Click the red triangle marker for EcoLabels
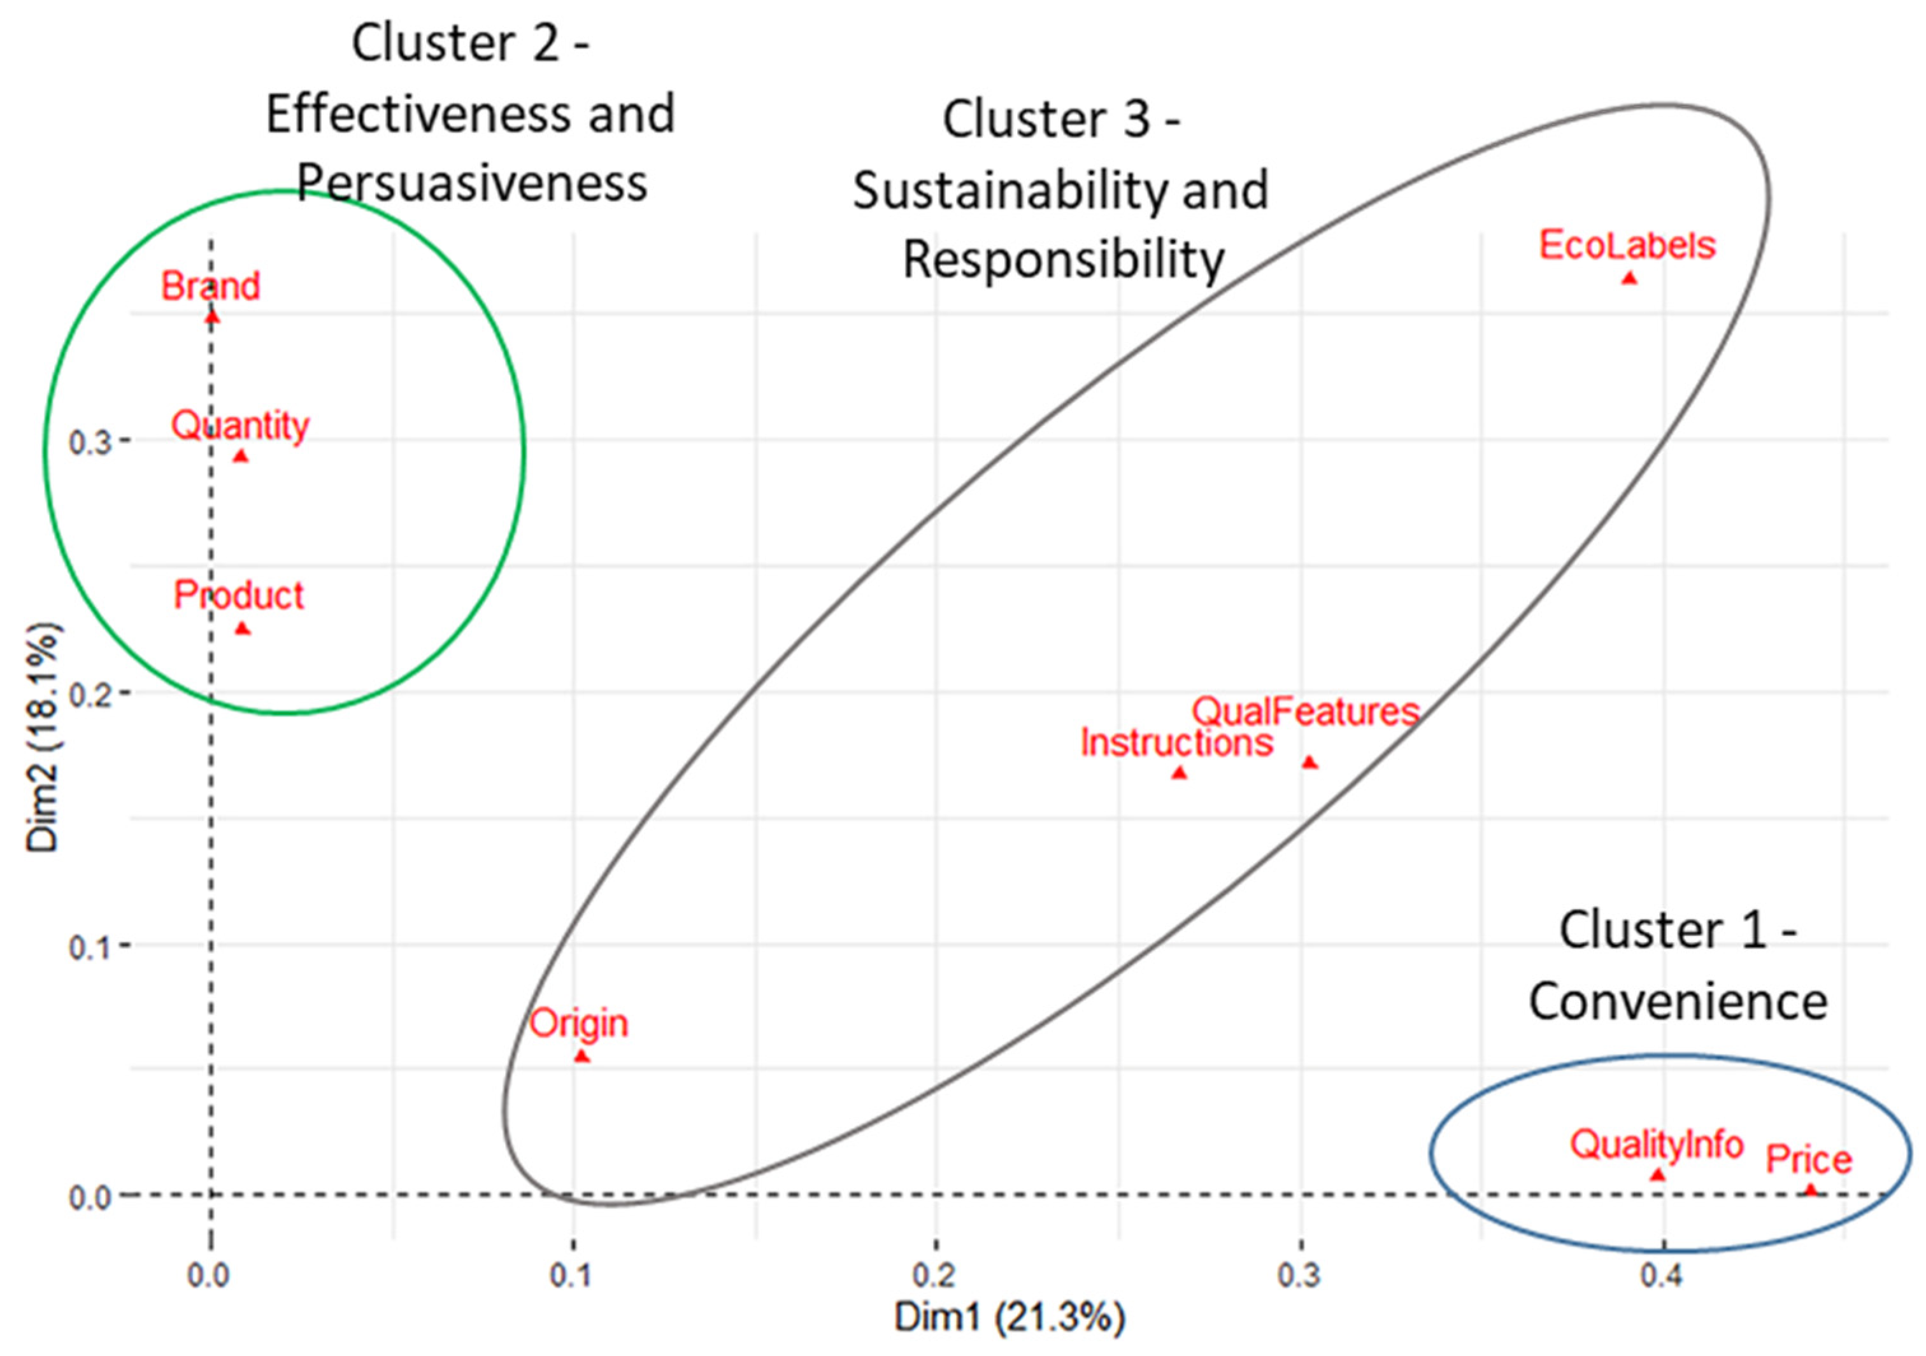[x=1629, y=278]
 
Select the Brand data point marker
[x=212, y=317]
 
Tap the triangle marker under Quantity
[x=241, y=457]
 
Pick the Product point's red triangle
[x=243, y=629]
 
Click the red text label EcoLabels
[x=1627, y=246]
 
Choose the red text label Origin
[x=579, y=1024]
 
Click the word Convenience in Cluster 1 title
[x=1678, y=1002]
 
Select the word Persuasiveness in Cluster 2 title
[x=473, y=183]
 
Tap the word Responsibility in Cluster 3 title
[x=1063, y=259]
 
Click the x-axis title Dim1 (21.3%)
[x=1009, y=1317]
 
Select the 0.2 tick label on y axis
[x=90, y=695]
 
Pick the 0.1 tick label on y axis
[x=90, y=947]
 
